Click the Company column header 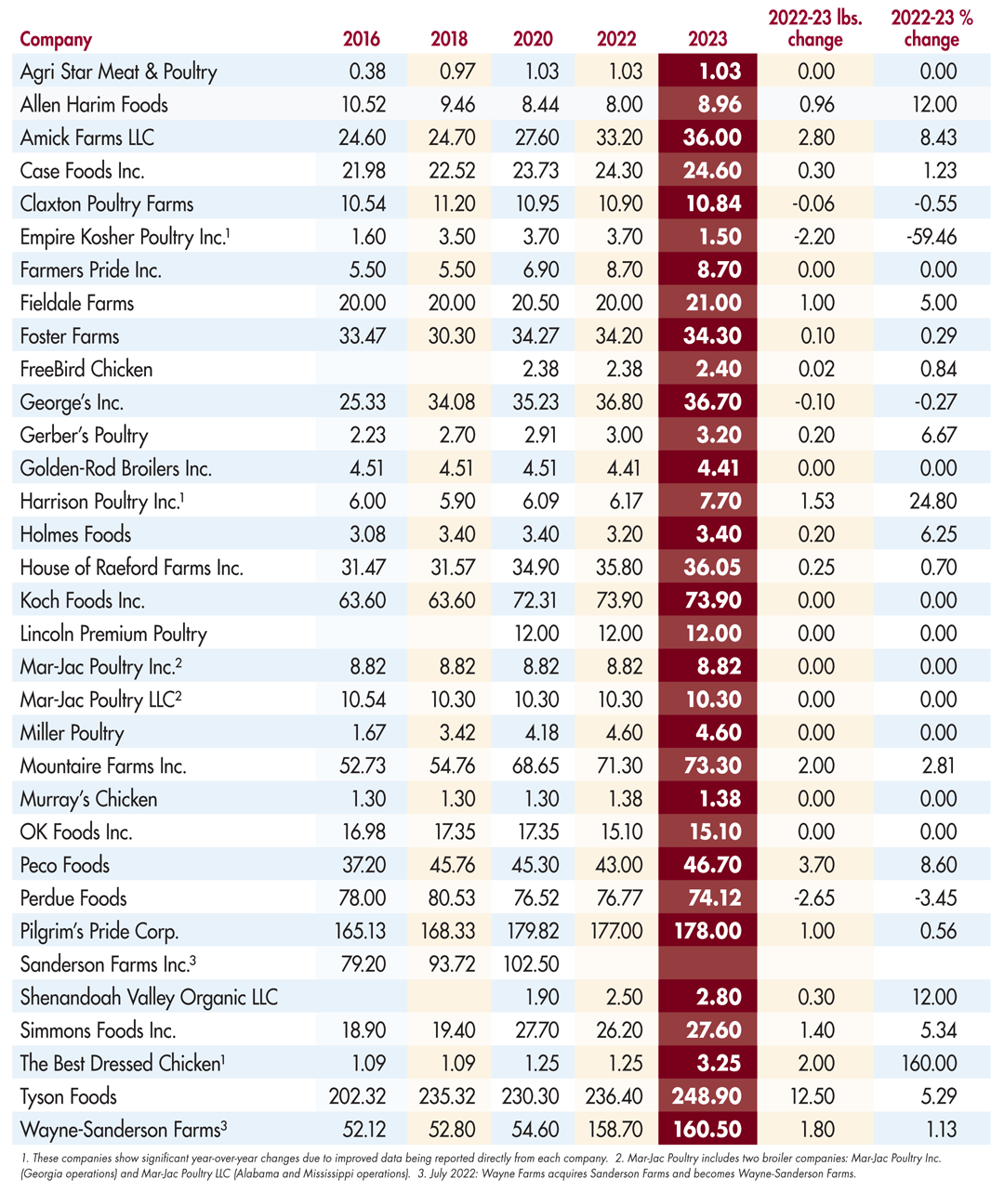(x=56, y=39)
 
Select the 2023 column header (x=707, y=39)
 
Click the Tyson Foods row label (x=69, y=1096)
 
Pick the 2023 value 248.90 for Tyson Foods (x=707, y=1096)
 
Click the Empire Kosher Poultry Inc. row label (x=124, y=237)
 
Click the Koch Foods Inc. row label (x=83, y=600)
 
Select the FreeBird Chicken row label (x=86, y=369)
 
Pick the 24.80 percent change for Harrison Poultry (x=933, y=502)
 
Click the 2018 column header (x=449, y=39)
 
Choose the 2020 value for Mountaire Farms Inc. (x=535, y=766)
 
